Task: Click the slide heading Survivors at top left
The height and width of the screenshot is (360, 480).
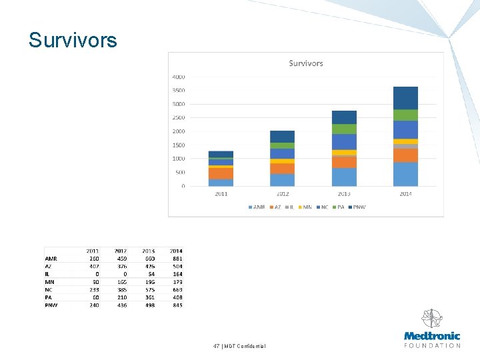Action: click(73, 41)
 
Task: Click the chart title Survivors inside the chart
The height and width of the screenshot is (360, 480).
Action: click(306, 63)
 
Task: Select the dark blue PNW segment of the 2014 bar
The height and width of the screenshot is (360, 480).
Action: click(405, 97)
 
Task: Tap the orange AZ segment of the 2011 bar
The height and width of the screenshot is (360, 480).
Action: click(221, 173)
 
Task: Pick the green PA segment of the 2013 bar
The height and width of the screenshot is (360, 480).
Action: click(344, 129)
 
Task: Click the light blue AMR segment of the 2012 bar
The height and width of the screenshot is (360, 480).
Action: click(282, 179)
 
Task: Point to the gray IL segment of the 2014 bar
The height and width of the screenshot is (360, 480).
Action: click(405, 147)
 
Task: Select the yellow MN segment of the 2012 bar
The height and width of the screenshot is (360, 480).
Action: click(282, 161)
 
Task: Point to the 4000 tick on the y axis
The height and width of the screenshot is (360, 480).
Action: click(179, 77)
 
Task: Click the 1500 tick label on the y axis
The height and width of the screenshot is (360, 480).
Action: click(179, 145)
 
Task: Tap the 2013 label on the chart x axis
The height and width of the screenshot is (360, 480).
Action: click(344, 194)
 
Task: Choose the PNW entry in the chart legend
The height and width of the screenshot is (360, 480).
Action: click(357, 207)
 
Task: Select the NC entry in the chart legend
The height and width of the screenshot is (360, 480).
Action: click(323, 207)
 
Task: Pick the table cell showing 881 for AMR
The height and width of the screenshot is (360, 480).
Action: click(177, 259)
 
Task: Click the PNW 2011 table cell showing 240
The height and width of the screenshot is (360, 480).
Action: click(93, 305)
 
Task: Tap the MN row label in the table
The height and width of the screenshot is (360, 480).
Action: click(49, 282)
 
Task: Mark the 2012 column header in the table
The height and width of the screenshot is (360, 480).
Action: click(121, 251)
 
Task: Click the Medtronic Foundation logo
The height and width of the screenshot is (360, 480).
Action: click(432, 329)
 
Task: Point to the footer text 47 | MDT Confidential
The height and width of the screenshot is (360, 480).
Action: click(239, 346)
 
